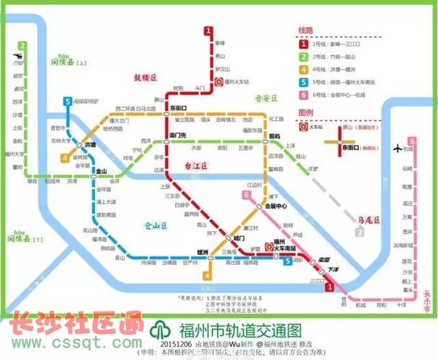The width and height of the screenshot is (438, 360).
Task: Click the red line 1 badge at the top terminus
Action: (208, 31)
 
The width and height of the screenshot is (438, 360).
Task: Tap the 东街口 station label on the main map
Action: (178, 107)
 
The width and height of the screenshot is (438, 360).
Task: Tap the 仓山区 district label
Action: (154, 225)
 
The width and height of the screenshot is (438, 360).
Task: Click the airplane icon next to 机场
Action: (397, 148)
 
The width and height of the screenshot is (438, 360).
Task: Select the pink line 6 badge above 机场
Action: (412, 141)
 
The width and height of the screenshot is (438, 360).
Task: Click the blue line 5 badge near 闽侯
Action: (67, 102)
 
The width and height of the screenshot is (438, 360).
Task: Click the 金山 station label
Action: (102, 171)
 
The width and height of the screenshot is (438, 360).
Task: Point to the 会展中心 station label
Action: (277, 205)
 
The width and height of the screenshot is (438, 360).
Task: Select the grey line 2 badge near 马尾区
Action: (359, 232)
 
